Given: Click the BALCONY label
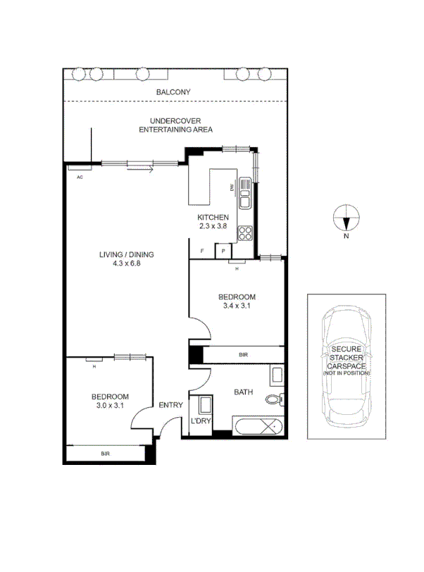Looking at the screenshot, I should pos(173,92).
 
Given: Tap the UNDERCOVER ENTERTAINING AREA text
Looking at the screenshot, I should pos(175,125).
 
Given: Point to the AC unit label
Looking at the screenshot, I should pos(80,177).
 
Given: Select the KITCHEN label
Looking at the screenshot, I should pos(213,217).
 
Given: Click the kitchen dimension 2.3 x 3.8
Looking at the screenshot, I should pos(213,226).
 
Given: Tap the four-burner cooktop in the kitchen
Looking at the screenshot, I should pos(245,232).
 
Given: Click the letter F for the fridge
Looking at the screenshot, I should pos(202,251).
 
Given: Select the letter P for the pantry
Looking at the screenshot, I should pos(223,251).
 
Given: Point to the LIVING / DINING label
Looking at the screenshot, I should pos(126,255).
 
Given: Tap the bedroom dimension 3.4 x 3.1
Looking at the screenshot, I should pos(236,306).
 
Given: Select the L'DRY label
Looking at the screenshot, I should pos(201,421).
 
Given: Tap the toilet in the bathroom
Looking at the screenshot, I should pos(274,400).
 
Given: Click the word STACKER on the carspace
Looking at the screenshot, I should pos(346,358).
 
